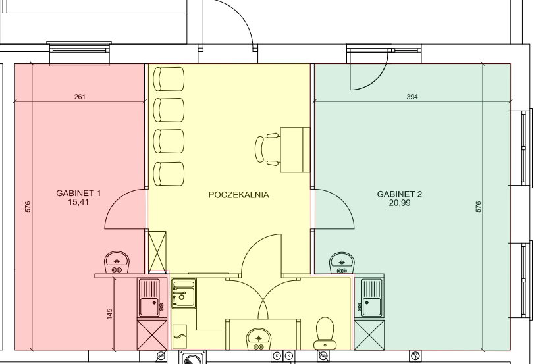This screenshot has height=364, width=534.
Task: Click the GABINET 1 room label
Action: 78,194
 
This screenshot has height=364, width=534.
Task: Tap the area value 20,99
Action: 400,203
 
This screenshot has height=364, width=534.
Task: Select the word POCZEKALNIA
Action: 238,195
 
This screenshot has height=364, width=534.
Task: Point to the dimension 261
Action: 80,97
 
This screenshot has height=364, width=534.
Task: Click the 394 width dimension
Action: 412,97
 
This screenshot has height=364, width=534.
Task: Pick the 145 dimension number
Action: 109,314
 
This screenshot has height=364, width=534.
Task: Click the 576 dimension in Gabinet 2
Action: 478,207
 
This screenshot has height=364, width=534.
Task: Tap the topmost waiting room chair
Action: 169,79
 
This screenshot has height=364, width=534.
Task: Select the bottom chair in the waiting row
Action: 169,174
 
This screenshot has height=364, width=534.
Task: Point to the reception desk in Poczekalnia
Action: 295,150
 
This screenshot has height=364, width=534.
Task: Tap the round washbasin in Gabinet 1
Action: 117,263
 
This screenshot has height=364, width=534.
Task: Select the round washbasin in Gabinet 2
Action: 342,263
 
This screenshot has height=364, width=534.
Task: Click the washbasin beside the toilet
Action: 259,339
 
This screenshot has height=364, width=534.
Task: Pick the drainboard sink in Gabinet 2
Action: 369,298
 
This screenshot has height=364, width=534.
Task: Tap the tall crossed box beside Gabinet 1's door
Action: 157,252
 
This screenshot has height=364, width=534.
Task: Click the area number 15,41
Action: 78,202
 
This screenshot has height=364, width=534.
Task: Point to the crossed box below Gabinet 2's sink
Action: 369,335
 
